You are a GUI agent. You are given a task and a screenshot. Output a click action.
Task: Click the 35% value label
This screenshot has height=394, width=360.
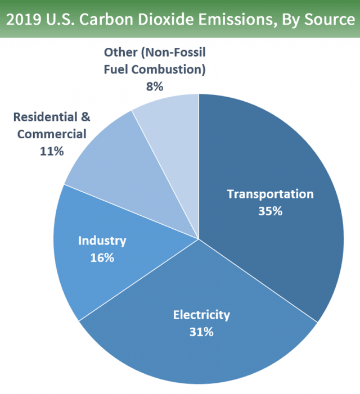pyautogui.click(x=270, y=212)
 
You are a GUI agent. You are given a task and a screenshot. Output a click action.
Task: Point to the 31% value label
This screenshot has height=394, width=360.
pyautogui.click(x=201, y=332)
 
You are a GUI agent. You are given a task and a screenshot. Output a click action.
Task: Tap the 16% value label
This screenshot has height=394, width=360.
pyautogui.click(x=102, y=258)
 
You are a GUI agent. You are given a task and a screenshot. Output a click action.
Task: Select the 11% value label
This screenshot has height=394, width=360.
pyautogui.click(x=52, y=151)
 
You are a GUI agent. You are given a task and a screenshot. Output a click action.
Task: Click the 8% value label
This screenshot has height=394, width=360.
pyautogui.click(x=154, y=87)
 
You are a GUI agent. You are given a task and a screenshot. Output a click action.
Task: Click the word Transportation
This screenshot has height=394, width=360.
pyautogui.click(x=270, y=194)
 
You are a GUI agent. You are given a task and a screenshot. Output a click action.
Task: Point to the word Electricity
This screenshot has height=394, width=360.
pyautogui.click(x=201, y=314)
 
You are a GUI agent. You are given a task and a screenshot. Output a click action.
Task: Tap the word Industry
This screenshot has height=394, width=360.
pyautogui.click(x=102, y=241)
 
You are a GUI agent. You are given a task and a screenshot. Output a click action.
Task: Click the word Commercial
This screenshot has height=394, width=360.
pyautogui.click(x=52, y=134)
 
